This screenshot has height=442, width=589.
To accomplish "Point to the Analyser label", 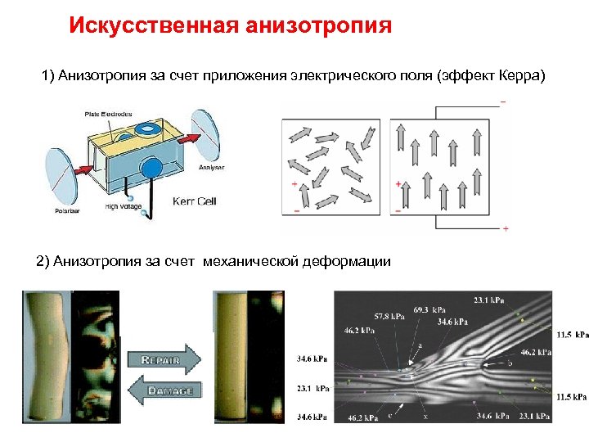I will [x=211, y=167].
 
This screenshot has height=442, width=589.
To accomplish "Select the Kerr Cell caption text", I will [x=194, y=201].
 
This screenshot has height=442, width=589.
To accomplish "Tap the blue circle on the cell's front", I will [x=152, y=169].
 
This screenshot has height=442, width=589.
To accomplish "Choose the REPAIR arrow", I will [x=163, y=359].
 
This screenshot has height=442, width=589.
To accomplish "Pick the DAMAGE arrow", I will [x=164, y=390].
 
